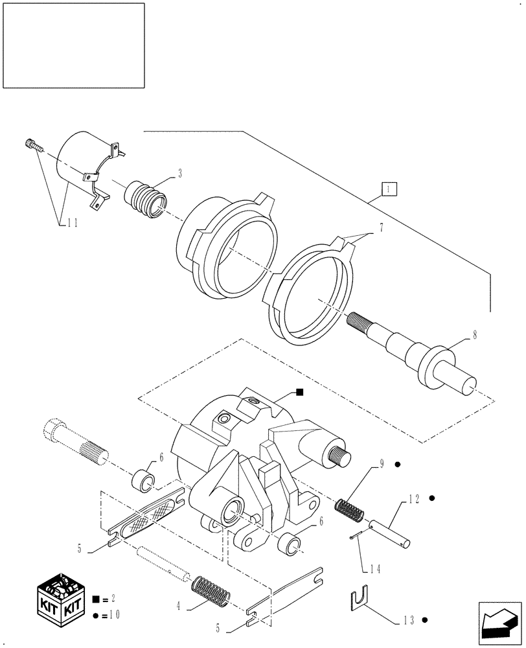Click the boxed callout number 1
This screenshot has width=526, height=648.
[388, 189]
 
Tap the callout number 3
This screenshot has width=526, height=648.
[179, 173]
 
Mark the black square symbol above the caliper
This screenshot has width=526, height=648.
[299, 391]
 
